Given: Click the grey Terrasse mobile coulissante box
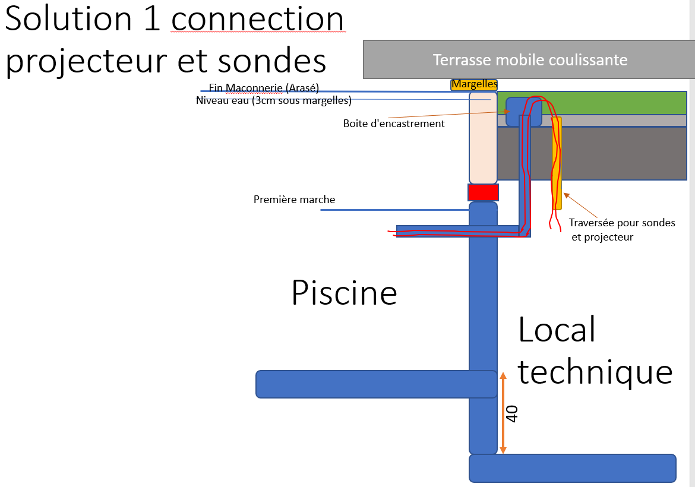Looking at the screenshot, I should (529, 59).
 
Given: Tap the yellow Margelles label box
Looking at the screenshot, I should (474, 85).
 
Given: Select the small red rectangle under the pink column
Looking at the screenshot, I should (483, 192).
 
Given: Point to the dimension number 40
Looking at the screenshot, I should (512, 413).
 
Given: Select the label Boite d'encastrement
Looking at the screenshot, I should (394, 124).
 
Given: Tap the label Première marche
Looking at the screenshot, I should (294, 200).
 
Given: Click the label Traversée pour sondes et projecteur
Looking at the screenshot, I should (622, 230).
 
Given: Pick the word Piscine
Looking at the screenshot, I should (344, 293).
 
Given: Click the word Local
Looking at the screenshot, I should (557, 330).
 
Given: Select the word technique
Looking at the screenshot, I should (595, 372).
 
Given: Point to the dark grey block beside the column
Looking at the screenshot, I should (624, 153).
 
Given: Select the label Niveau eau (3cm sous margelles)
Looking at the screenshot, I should (273, 101).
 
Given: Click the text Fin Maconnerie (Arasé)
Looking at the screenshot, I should (264, 88).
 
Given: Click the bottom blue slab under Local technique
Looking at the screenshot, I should (572, 468).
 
